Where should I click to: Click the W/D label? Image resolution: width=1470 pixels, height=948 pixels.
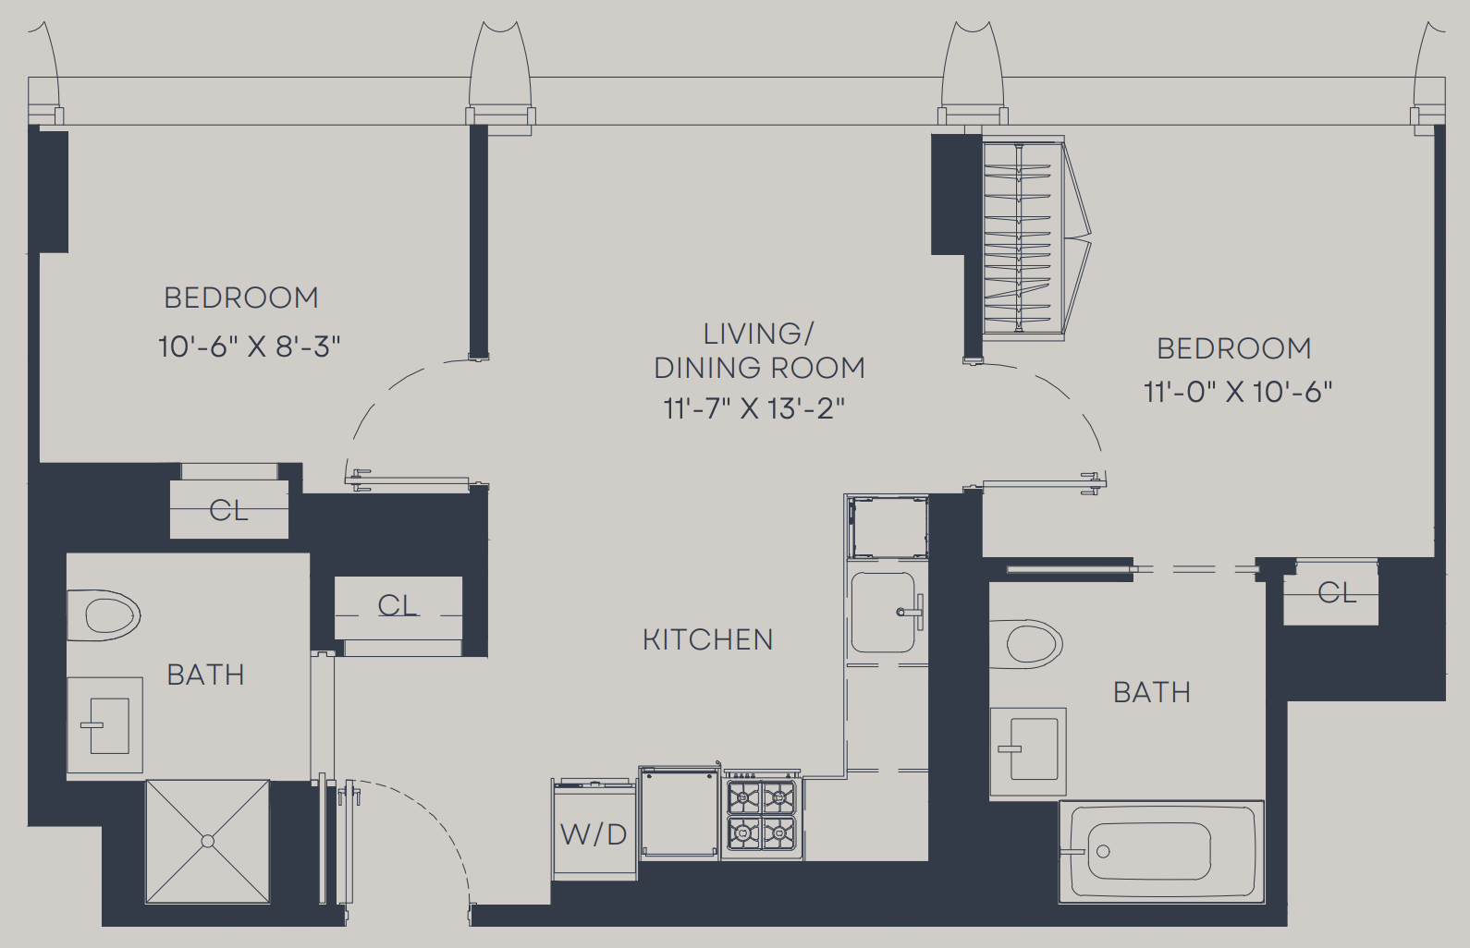(x=594, y=834)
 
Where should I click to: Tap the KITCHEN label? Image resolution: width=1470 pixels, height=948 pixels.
(x=708, y=639)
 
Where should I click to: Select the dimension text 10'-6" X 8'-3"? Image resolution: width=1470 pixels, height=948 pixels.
(x=250, y=346)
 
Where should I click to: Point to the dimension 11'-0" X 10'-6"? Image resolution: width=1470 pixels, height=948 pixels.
(x=1238, y=393)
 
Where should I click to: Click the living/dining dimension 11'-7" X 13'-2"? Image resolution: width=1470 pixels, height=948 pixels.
(x=754, y=408)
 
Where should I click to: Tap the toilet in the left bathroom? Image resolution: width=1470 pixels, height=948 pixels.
(x=104, y=615)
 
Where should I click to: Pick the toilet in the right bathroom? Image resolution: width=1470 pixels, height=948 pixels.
(x=1025, y=644)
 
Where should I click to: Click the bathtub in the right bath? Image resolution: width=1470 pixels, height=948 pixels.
(x=1161, y=852)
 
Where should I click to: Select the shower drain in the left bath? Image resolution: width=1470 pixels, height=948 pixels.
(x=208, y=841)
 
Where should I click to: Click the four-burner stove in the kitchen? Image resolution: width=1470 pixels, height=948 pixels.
(x=762, y=814)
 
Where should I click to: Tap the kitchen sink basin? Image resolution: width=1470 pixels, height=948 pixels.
(x=883, y=612)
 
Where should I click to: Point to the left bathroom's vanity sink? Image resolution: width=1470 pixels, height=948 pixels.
(x=105, y=725)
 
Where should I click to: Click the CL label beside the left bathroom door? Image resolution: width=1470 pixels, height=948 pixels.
(x=398, y=605)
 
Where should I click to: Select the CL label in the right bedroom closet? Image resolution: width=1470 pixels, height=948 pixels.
(x=1337, y=593)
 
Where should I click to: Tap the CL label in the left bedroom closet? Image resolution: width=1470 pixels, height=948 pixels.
(x=228, y=510)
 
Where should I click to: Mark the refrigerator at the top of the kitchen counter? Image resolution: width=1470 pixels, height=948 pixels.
(x=888, y=528)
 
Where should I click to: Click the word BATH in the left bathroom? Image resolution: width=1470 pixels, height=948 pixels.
(x=205, y=675)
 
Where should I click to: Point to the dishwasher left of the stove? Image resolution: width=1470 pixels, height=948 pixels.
(x=680, y=813)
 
